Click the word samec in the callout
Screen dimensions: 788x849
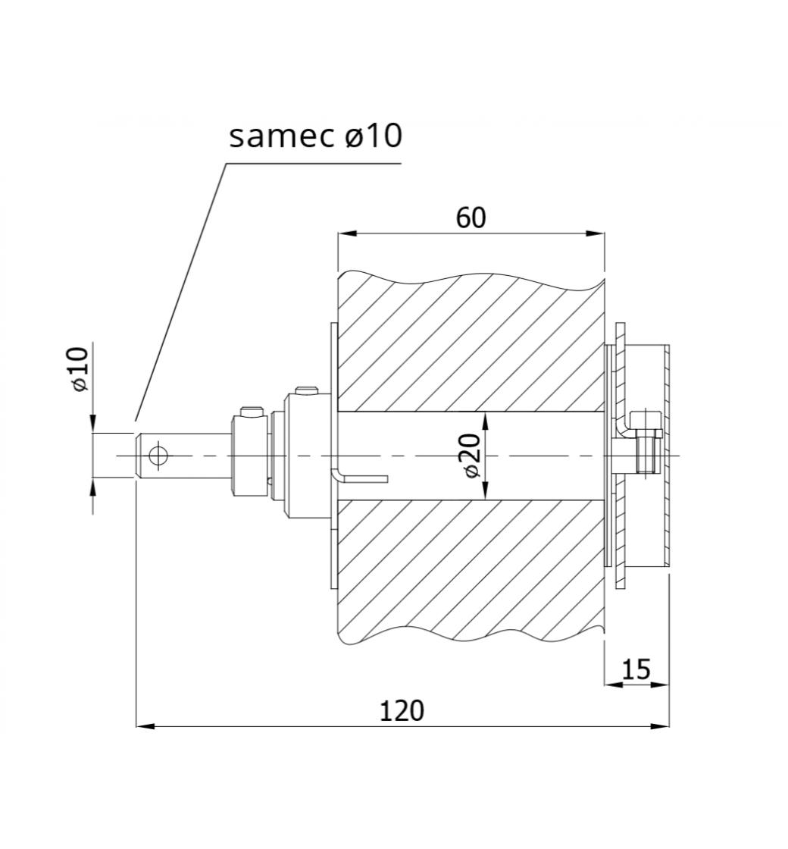click(x=281, y=137)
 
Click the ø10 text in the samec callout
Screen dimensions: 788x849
click(x=374, y=136)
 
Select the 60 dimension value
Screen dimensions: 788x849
click(x=471, y=218)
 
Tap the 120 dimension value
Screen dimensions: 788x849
click(x=402, y=711)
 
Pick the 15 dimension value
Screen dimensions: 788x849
click(x=636, y=670)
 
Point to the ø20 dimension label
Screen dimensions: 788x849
click(x=471, y=456)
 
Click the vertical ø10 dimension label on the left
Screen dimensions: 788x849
click(x=79, y=370)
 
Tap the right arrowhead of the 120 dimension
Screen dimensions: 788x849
click(x=660, y=725)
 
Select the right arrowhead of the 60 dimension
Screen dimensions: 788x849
click(x=594, y=233)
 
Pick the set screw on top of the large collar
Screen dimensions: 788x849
click(x=307, y=390)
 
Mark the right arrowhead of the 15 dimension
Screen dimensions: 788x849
click(x=660, y=685)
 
